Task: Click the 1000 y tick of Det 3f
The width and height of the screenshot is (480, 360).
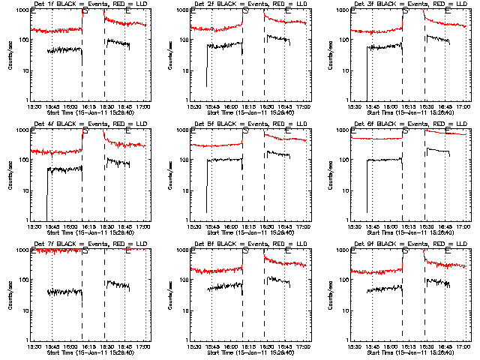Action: coord(343,10)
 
